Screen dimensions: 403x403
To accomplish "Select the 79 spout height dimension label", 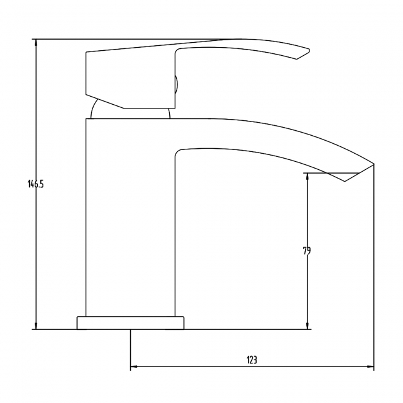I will pyautogui.click(x=307, y=250).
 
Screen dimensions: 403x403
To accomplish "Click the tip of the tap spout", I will pyautogui.click(x=374, y=164).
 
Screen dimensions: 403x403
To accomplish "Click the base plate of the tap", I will pyautogui.click(x=131, y=322).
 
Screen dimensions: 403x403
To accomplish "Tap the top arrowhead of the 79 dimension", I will pyautogui.click(x=307, y=176).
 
